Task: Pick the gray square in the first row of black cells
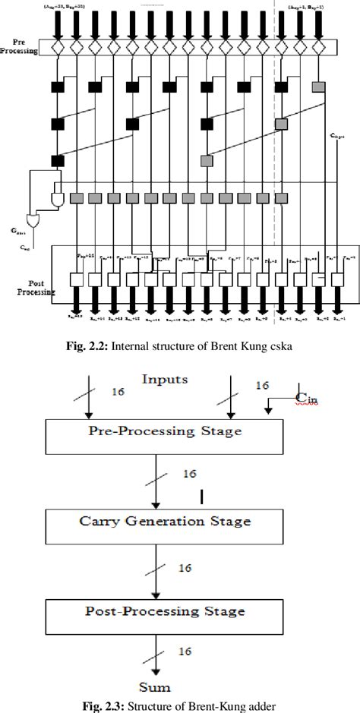pos(319,86)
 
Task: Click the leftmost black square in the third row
pos(58,160)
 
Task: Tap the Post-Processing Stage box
pos(166,610)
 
